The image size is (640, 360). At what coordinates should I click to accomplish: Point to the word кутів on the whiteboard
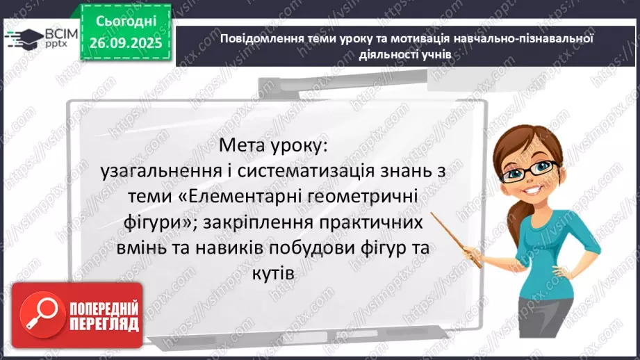point(277,273)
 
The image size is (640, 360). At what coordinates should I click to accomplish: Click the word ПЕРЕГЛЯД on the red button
point(103,323)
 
